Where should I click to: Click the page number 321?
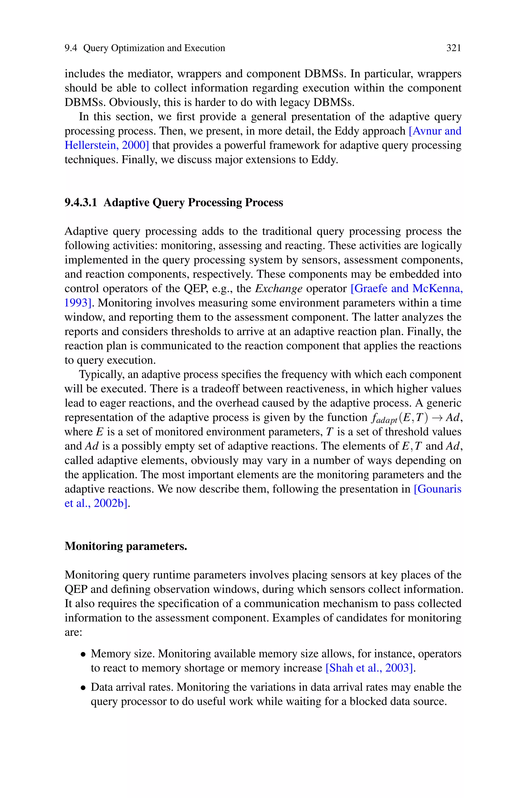click(x=454, y=48)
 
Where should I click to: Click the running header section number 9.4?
click(x=71, y=48)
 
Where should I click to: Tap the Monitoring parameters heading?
click(x=126, y=546)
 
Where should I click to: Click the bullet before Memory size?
click(x=83, y=654)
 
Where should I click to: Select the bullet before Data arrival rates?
click(x=83, y=687)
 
